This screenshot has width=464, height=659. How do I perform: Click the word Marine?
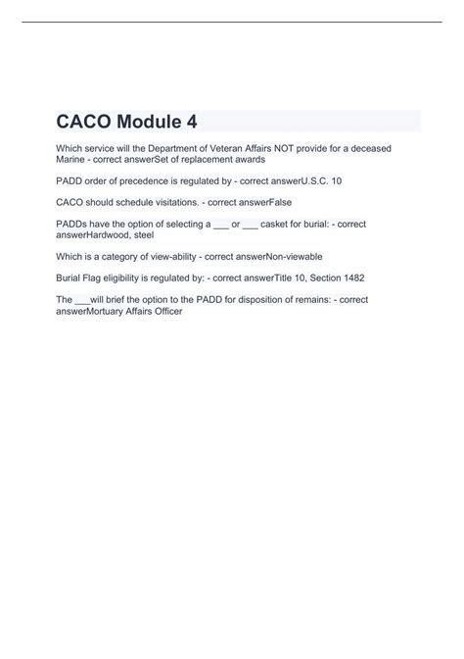(x=71, y=159)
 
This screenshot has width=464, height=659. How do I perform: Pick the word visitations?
(x=162, y=203)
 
